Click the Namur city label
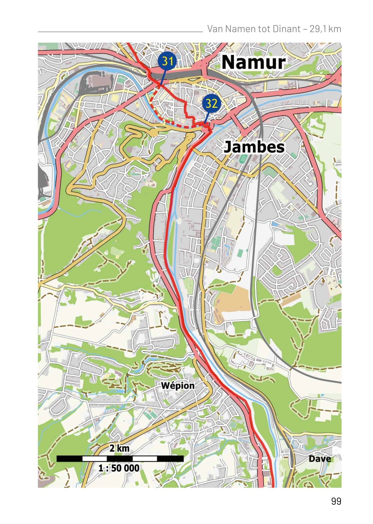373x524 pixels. point(253,62)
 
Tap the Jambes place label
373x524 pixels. point(254,147)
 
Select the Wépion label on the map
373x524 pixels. point(178,386)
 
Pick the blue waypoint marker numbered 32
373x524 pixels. point(211,103)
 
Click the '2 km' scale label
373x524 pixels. point(119,448)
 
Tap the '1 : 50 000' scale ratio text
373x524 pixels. point(119,468)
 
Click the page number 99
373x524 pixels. point(336,501)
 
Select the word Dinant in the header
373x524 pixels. point(286,29)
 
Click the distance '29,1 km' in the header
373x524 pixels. point(325,29)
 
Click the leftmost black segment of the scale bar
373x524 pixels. point(69,458)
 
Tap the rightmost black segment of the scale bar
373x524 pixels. point(170,458)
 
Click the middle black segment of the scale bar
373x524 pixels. point(120,458)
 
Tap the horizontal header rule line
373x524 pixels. point(120,32)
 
